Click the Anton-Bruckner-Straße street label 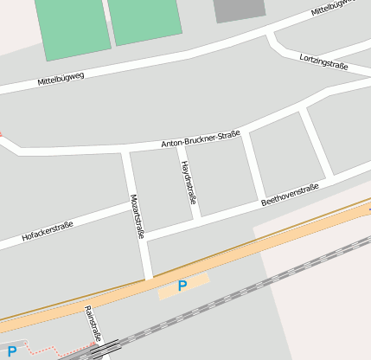tap(200, 139)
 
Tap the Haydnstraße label tap(188, 183)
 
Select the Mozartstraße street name tap(137, 215)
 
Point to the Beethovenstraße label tap(290, 194)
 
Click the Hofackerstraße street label tap(48, 231)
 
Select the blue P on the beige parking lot tap(182, 286)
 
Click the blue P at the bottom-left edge tap(11, 350)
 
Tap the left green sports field tap(73, 28)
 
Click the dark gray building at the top tap(240, 10)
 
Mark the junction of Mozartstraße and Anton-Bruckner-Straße tap(126, 152)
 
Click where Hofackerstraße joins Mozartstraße tap(133, 205)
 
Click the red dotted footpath tap(52, 352)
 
